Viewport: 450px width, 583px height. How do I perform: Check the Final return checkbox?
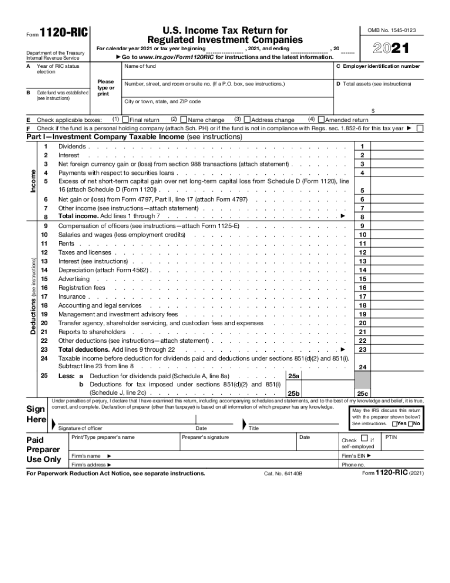(126, 120)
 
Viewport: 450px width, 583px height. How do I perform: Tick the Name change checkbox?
(184, 120)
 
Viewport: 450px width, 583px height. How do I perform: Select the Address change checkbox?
(247, 120)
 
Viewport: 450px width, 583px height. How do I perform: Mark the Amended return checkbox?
(321, 120)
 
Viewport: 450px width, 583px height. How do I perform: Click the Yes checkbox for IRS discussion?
(395, 424)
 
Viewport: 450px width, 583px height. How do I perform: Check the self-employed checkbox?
(364, 438)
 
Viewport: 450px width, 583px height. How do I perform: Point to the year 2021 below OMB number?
(391, 49)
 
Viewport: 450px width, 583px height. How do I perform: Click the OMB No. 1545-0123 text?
(392, 30)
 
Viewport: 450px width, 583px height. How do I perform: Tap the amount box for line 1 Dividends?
(396, 146)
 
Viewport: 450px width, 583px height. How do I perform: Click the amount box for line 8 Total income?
(396, 217)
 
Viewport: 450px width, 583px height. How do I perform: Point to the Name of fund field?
(140, 66)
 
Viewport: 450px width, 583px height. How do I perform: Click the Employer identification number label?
(378, 66)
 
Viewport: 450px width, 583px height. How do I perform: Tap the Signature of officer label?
(80, 428)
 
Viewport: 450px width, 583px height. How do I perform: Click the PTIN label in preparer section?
(391, 437)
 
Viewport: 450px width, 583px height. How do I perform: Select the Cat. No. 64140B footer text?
(283, 474)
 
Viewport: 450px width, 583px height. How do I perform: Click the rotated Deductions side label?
(33, 296)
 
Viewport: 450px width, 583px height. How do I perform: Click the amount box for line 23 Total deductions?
(396, 349)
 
